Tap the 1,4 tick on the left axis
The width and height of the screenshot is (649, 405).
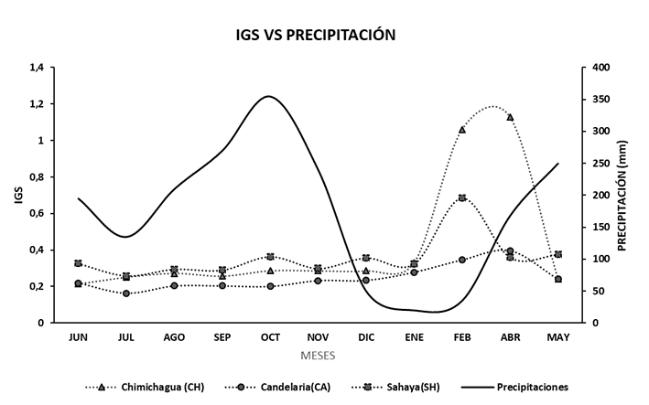tap(37, 68)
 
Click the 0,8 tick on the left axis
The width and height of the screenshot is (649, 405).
tap(37, 177)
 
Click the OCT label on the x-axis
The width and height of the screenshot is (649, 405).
tap(270, 337)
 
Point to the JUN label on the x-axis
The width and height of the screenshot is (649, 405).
tap(79, 337)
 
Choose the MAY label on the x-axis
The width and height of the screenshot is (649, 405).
tap(557, 337)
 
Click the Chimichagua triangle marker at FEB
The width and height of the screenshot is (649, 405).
tap(462, 130)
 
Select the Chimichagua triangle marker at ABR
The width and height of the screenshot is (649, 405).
tap(510, 117)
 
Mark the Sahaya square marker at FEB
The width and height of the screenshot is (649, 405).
tap(462, 197)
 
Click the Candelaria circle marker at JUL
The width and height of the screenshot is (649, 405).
tap(126, 293)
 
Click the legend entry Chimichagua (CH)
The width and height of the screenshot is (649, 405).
tap(158, 387)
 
